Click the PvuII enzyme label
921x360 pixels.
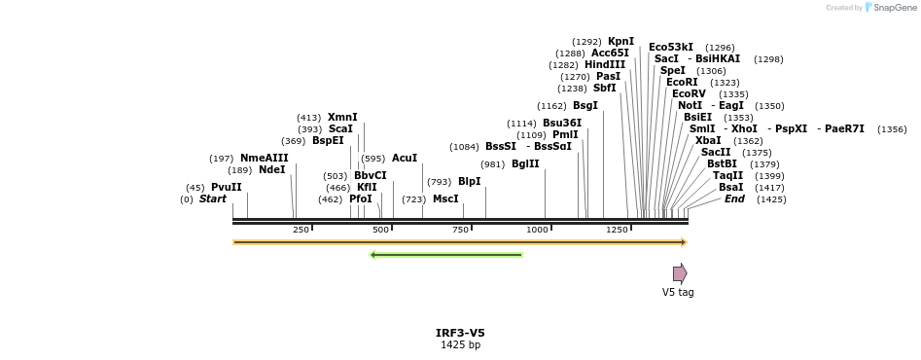[227, 188]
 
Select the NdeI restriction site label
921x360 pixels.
[272, 169]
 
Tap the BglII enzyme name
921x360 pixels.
[525, 163]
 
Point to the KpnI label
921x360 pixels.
[620, 41]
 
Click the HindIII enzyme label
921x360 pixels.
[605, 64]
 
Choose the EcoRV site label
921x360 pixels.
[689, 94]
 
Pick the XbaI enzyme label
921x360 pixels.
[708, 141]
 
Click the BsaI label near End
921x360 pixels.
[730, 188]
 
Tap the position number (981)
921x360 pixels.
[492, 164]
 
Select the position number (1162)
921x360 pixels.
[552, 106]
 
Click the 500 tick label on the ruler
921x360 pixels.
[380, 230]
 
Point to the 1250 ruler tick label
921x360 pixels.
[617, 230]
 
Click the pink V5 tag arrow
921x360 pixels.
[680, 273]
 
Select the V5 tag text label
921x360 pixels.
[678, 292]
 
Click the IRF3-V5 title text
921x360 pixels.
[461, 334]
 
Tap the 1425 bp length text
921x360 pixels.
[461, 344]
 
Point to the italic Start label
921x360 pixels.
[213, 199]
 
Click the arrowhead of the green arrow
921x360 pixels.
[372, 255]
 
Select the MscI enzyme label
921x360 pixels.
[445, 199]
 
